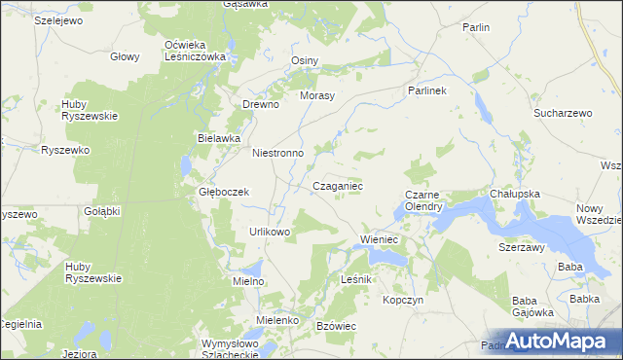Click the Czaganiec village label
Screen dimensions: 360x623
click(338, 185)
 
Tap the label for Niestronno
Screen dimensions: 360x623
click(278, 154)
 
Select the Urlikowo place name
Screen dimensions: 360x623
click(270, 232)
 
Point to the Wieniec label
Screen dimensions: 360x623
click(380, 238)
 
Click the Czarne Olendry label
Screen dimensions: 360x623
click(423, 200)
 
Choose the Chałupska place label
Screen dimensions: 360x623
click(515, 195)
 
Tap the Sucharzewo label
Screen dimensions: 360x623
click(563, 114)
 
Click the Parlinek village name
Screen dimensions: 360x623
click(425, 90)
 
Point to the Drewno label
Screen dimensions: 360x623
click(261, 105)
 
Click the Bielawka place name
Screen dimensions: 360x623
click(219, 138)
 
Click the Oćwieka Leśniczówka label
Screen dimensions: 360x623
click(195, 51)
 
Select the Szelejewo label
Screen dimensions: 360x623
click(56, 19)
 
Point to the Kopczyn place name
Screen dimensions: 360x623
click(403, 301)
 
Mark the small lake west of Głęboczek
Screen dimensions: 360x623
click(187, 166)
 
